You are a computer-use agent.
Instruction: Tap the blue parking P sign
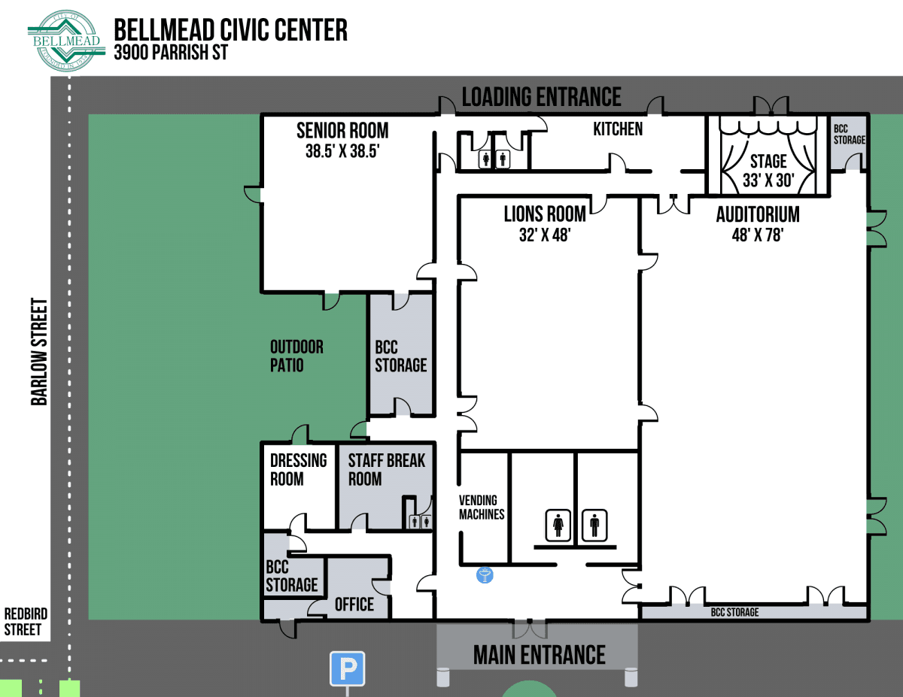coord(347,668)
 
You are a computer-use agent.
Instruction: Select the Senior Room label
coord(342,130)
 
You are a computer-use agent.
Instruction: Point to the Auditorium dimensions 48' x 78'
coord(758,235)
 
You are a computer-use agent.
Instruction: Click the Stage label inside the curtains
coord(768,161)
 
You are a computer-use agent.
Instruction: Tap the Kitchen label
coord(618,129)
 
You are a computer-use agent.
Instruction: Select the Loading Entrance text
coord(541,97)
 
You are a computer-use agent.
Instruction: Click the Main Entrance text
coord(539,655)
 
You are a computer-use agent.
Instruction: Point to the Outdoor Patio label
coord(296,356)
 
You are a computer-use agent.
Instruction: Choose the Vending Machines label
coord(482,507)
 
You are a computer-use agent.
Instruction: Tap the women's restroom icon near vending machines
coord(558,524)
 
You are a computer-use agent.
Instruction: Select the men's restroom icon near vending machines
coord(594,524)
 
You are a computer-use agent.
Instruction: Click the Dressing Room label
coord(298,469)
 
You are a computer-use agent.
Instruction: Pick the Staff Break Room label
coord(386,469)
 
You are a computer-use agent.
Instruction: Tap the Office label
coord(354,605)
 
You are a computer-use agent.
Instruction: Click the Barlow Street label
coord(39,352)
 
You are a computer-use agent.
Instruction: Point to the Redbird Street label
coord(23,621)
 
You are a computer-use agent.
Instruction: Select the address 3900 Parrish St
coord(170,53)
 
